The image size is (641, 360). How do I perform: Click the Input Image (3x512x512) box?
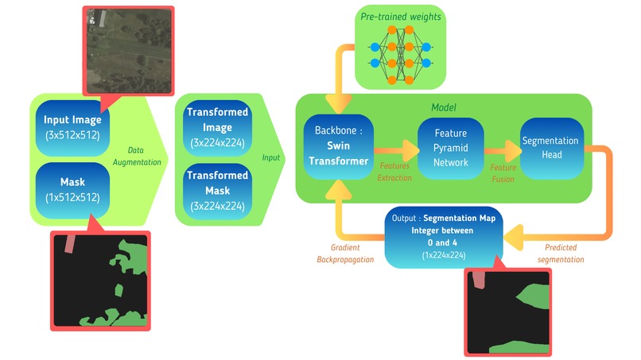(x=72, y=128)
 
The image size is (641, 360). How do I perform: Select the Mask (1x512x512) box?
(x=72, y=191)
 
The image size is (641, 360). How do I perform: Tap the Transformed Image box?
(x=217, y=127)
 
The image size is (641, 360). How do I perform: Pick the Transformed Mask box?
(x=217, y=191)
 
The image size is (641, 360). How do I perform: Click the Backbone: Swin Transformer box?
(x=339, y=146)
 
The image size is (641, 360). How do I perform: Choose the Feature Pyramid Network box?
(x=450, y=148)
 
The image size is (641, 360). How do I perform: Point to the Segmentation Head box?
(x=551, y=148)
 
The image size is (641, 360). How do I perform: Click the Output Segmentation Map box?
(x=444, y=237)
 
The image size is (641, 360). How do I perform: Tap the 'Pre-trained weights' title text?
(x=400, y=17)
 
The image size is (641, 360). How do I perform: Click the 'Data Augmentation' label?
(x=137, y=156)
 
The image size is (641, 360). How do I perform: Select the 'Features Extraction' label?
(x=394, y=172)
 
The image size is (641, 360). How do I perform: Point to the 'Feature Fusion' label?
(x=503, y=173)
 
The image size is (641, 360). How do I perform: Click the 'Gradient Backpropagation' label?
(x=345, y=254)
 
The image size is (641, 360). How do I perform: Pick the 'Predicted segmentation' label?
(x=561, y=254)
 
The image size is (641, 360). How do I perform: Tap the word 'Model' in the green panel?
(x=444, y=107)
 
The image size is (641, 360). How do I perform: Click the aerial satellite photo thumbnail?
(x=129, y=51)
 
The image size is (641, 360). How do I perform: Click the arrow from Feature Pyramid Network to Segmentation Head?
(x=503, y=151)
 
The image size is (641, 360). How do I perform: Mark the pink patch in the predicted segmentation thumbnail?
(x=479, y=281)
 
